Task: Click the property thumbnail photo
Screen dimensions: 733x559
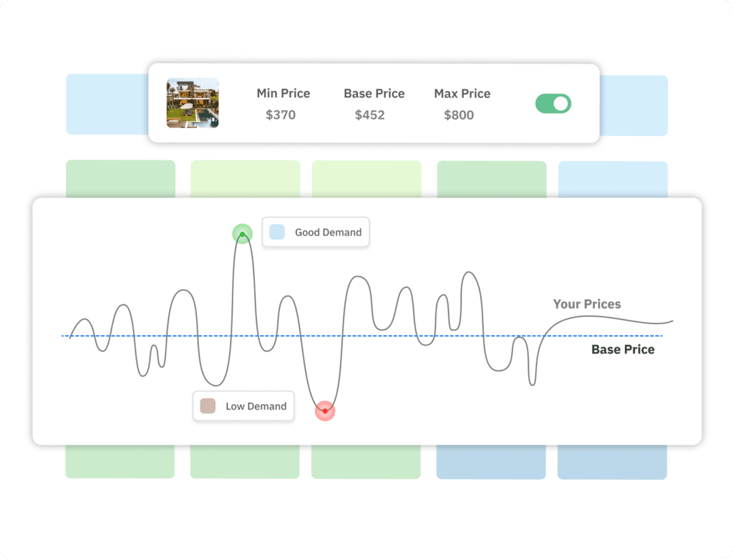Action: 193,103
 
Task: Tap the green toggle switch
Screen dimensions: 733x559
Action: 553,103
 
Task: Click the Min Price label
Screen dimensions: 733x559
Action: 283,94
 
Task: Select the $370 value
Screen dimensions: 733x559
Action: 281,115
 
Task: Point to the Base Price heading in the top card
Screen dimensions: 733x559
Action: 374,94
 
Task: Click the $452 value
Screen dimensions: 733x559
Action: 370,115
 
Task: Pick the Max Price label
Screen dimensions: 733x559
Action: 462,94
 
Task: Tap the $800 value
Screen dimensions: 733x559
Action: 459,115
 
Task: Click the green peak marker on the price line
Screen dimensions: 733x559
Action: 242,234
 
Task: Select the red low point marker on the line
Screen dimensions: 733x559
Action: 325,411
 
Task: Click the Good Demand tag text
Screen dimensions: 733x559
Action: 328,233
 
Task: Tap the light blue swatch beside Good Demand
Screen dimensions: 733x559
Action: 277,232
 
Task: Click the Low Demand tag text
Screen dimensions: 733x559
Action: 256,406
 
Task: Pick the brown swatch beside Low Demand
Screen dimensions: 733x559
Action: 208,406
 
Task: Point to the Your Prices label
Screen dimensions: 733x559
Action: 587,303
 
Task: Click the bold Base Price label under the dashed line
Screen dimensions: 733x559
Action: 623,349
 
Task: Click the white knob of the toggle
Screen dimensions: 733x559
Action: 561,103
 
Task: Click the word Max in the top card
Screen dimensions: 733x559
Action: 446,94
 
